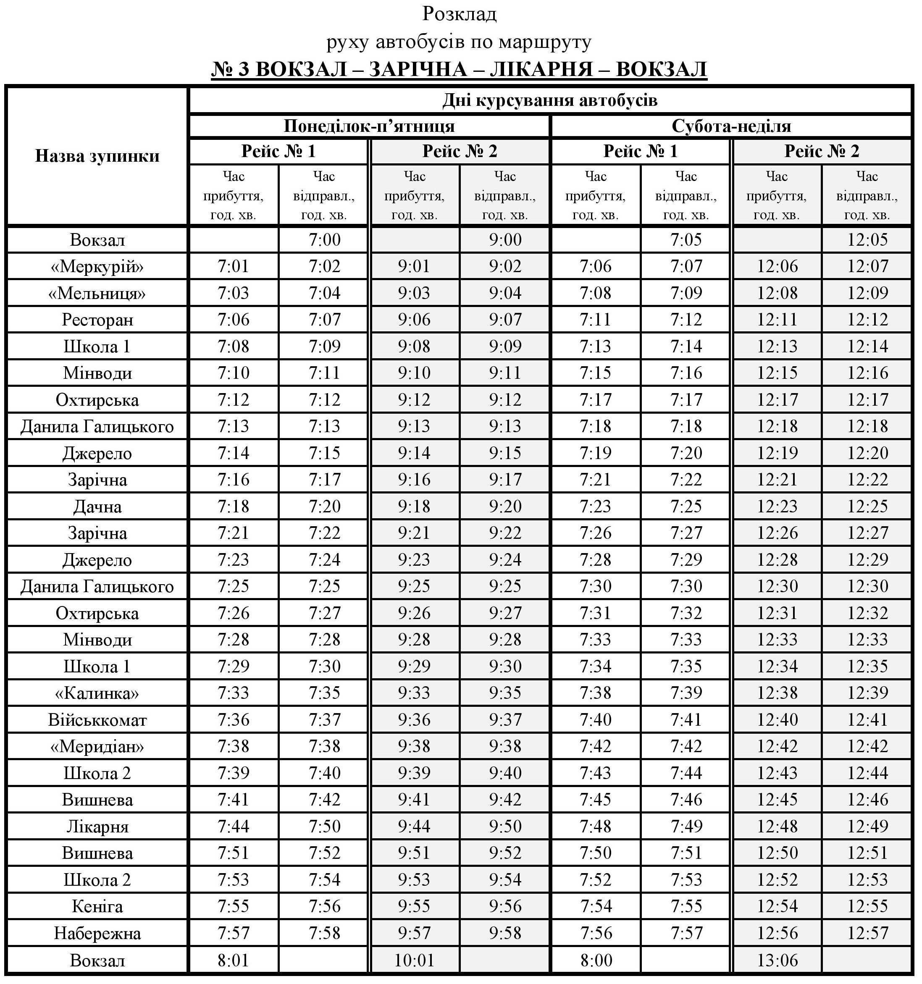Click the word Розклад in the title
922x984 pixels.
tap(459, 14)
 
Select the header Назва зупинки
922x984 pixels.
tap(97, 156)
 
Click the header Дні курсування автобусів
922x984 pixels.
tap(550, 100)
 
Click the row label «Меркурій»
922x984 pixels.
tap(97, 267)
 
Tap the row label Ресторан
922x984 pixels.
tap(97, 320)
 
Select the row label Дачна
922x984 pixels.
tap(97, 506)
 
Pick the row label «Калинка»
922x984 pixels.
tap(97, 693)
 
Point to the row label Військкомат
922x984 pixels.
tap(97, 720)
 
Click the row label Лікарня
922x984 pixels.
tap(97, 827)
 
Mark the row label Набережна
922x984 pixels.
tap(97, 933)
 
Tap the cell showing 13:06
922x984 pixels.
tap(777, 960)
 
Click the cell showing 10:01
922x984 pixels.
tap(415, 960)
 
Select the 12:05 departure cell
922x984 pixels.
tap(867, 239)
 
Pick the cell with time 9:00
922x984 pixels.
tap(505, 239)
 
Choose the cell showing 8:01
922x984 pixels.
tap(233, 960)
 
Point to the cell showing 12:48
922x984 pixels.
tap(777, 826)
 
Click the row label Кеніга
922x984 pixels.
tap(97, 906)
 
